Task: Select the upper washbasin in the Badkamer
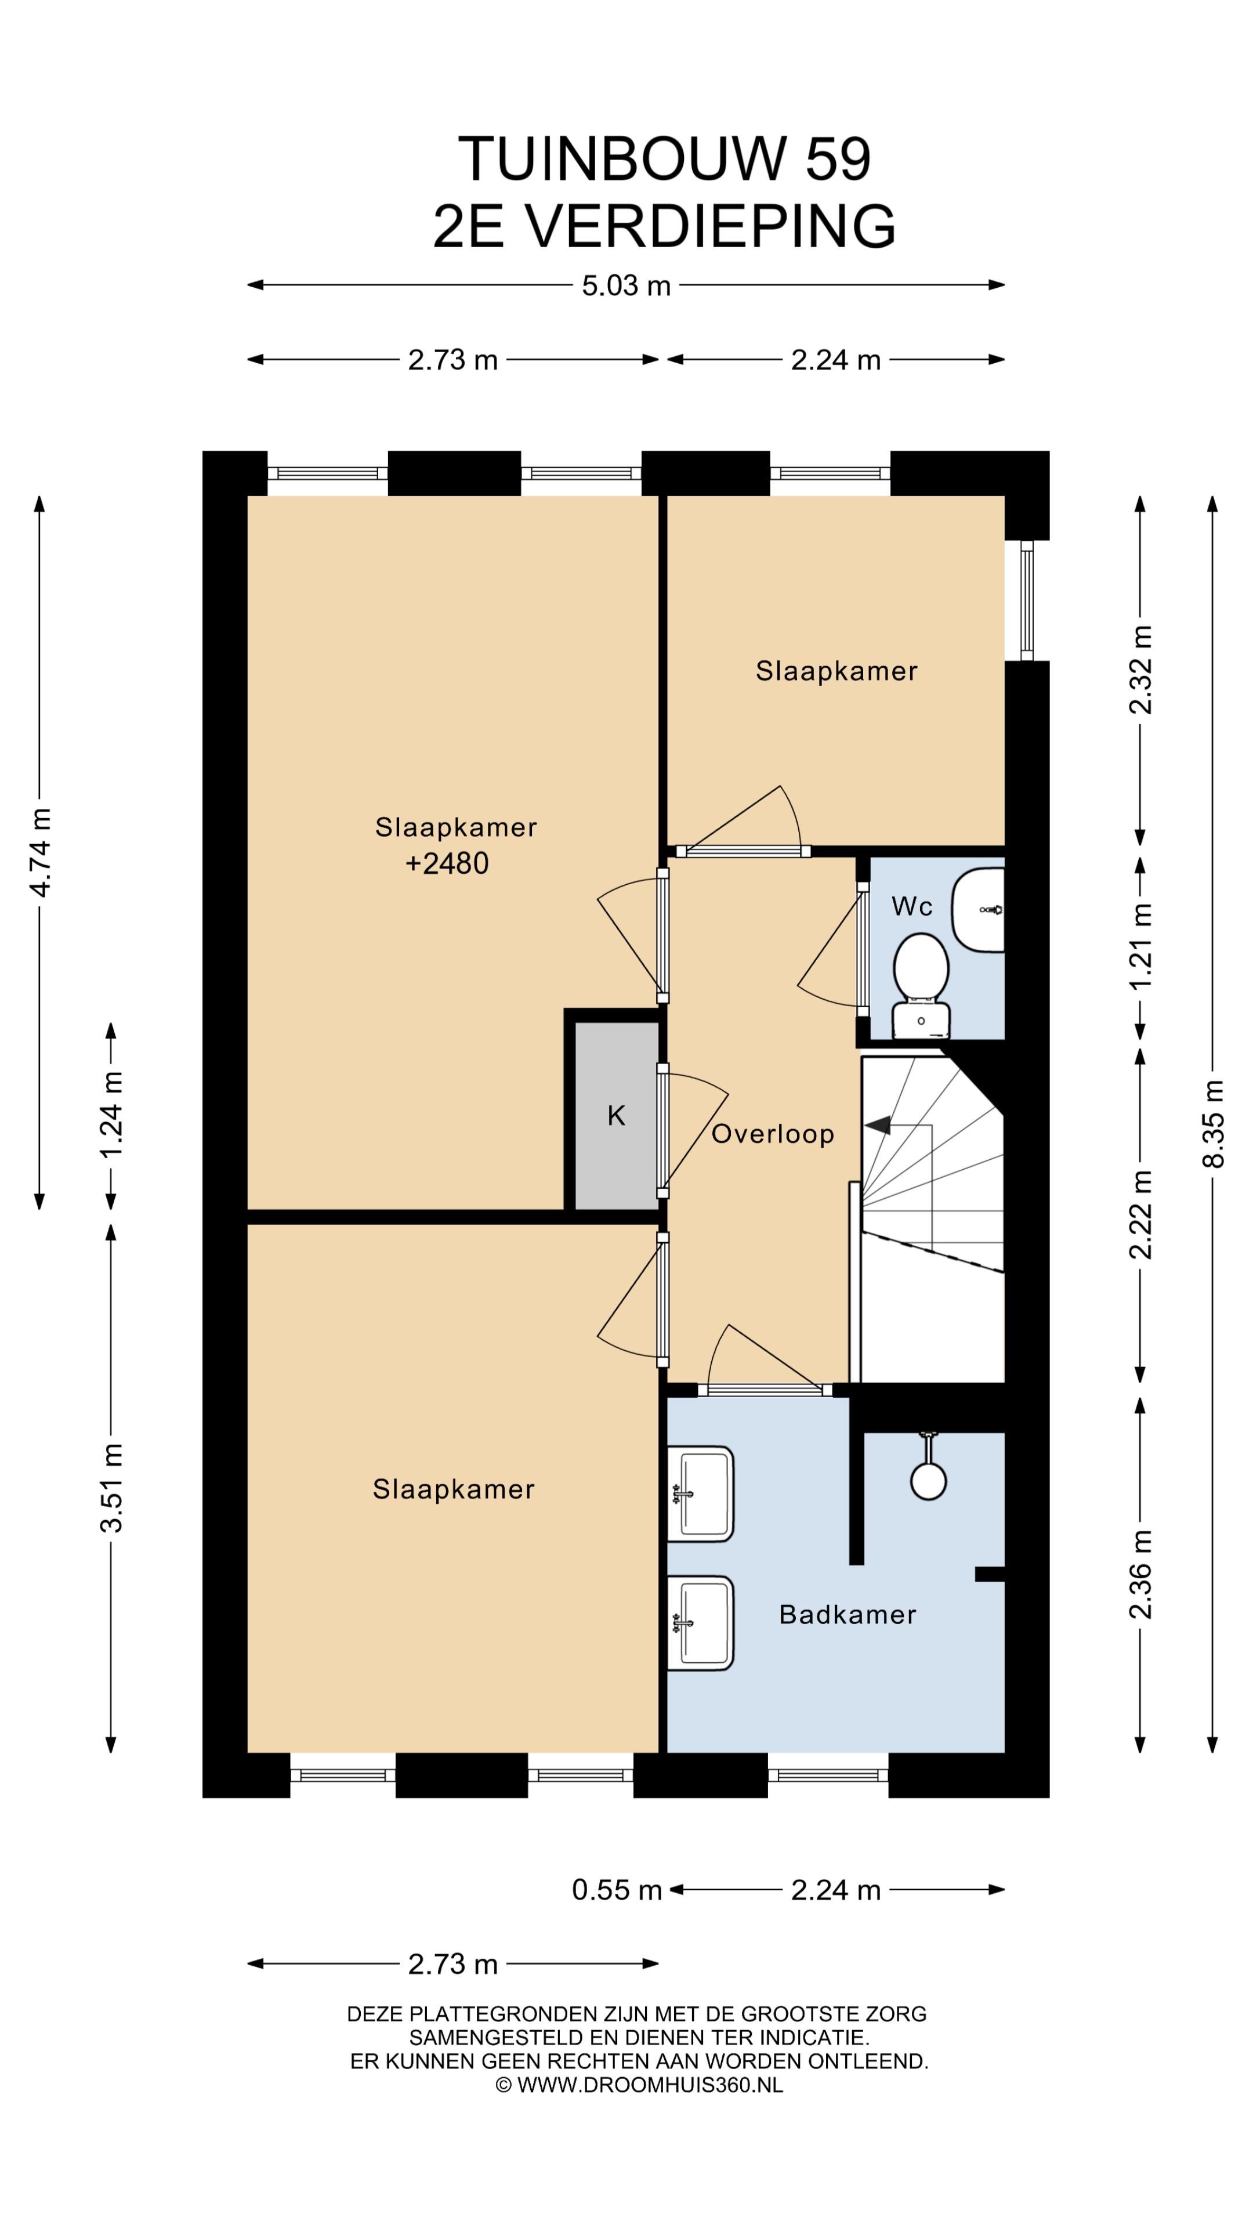[700, 1493]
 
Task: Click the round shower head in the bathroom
[928, 1480]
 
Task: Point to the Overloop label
[772, 1134]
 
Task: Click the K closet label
[615, 1116]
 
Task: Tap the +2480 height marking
[447, 863]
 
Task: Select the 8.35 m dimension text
[1214, 1123]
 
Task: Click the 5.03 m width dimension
[626, 285]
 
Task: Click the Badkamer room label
[848, 1614]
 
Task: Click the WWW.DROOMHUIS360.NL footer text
[650, 2085]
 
